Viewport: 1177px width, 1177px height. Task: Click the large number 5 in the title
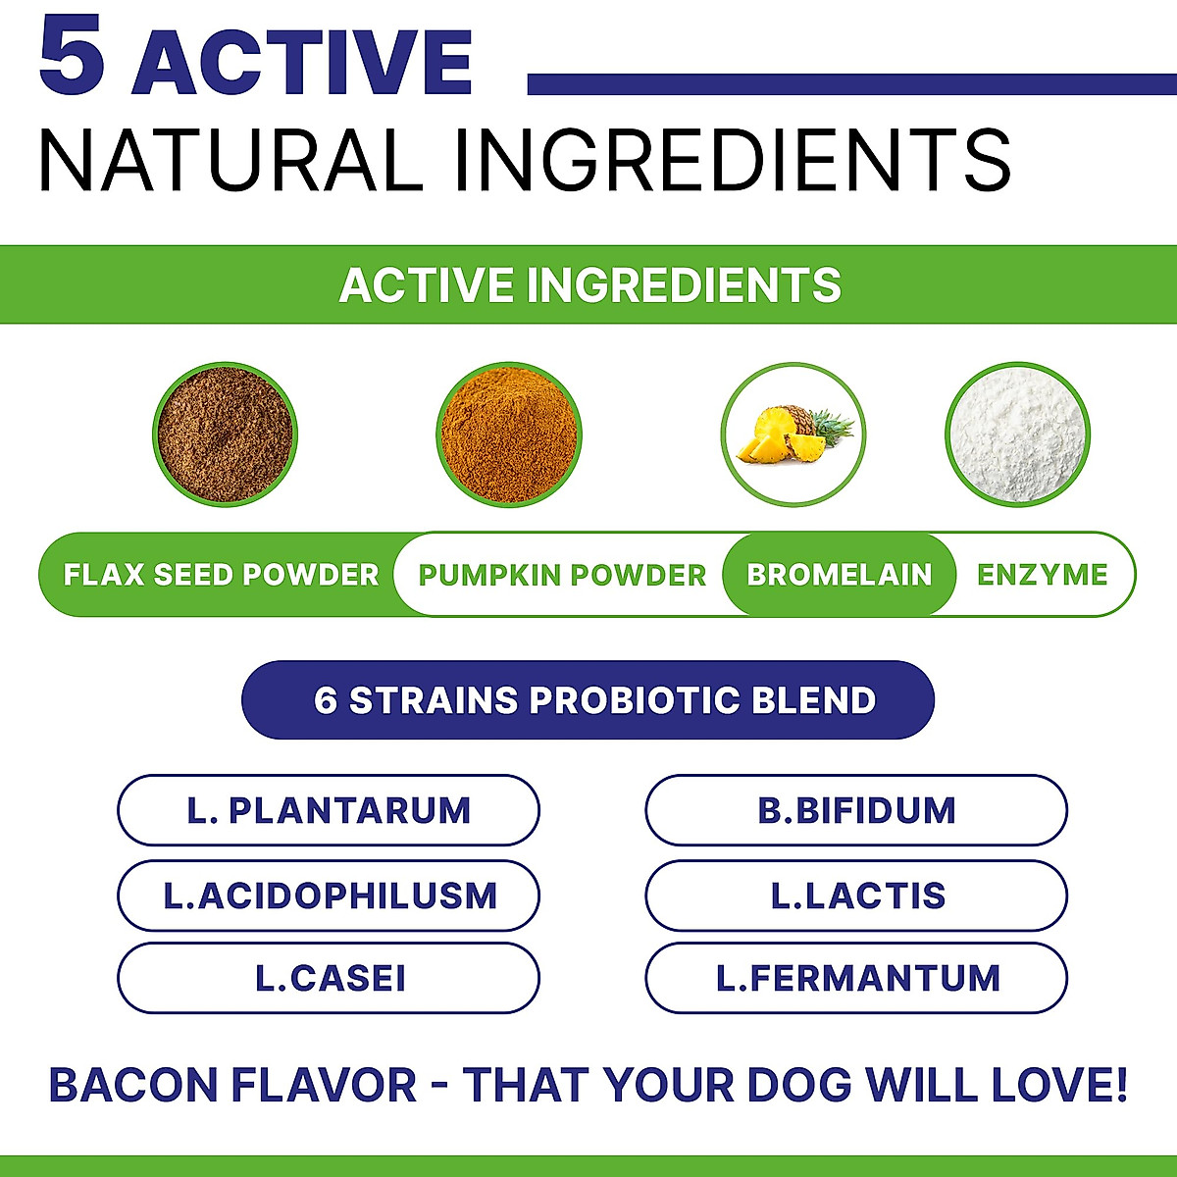pyautogui.click(x=72, y=60)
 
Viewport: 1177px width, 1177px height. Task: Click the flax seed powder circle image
pyautogui.click(x=226, y=434)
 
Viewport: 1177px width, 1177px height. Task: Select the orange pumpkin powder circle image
pyautogui.click(x=508, y=434)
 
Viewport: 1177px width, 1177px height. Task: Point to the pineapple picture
pyautogui.click(x=793, y=435)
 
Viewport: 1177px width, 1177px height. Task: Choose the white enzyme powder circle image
pyautogui.click(x=1017, y=434)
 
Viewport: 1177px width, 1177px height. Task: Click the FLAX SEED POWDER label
pyautogui.click(x=221, y=575)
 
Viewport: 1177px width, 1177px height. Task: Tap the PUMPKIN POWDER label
pyautogui.click(x=562, y=575)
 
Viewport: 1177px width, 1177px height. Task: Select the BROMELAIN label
pyautogui.click(x=840, y=575)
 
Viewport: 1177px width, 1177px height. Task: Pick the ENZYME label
pyautogui.click(x=1042, y=575)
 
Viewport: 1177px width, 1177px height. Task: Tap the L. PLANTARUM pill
pyautogui.click(x=329, y=811)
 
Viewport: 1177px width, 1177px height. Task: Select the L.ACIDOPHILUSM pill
pyautogui.click(x=329, y=896)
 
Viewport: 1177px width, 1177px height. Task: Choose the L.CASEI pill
pyautogui.click(x=329, y=978)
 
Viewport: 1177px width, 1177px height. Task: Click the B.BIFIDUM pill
pyautogui.click(x=856, y=811)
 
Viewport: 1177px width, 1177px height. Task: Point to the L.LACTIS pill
pyautogui.click(x=856, y=896)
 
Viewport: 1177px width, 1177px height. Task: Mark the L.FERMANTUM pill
pyautogui.click(x=856, y=978)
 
